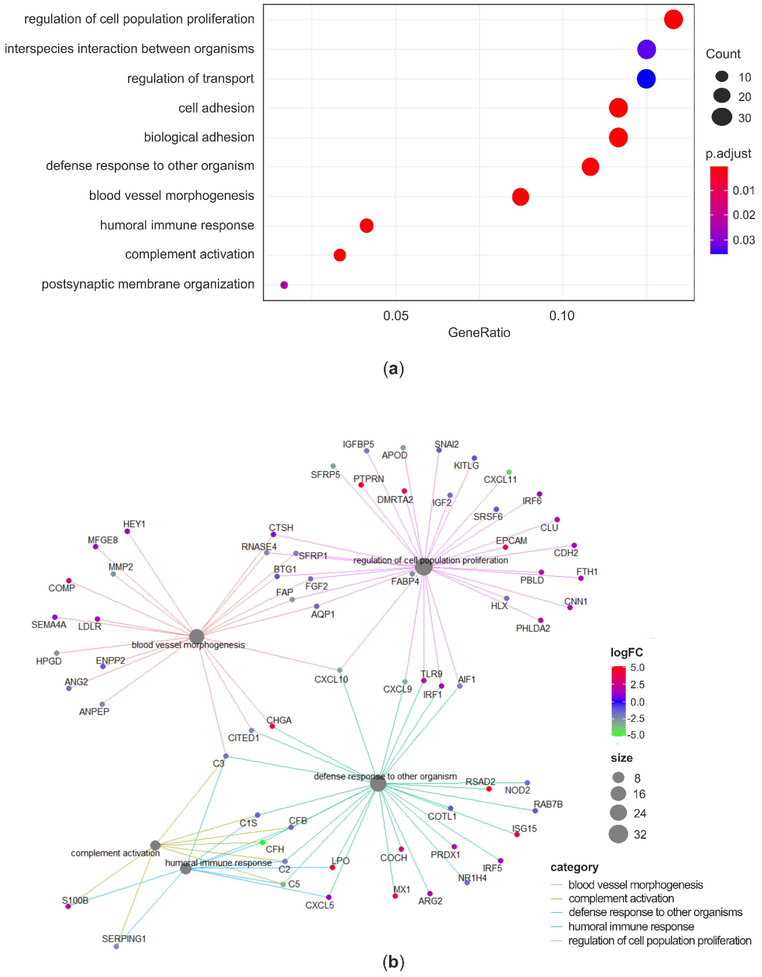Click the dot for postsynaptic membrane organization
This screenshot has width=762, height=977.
point(284,285)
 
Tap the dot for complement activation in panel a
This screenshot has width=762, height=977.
point(340,255)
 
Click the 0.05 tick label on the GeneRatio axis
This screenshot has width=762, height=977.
point(396,316)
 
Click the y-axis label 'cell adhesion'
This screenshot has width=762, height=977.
point(216,108)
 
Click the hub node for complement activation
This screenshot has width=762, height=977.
point(155,845)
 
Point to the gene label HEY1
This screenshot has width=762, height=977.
point(134,524)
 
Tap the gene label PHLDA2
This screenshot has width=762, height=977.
point(532,628)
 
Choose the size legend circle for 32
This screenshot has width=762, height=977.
point(618,834)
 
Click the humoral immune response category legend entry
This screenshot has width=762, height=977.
point(631,927)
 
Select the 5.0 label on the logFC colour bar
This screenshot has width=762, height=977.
point(637,667)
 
